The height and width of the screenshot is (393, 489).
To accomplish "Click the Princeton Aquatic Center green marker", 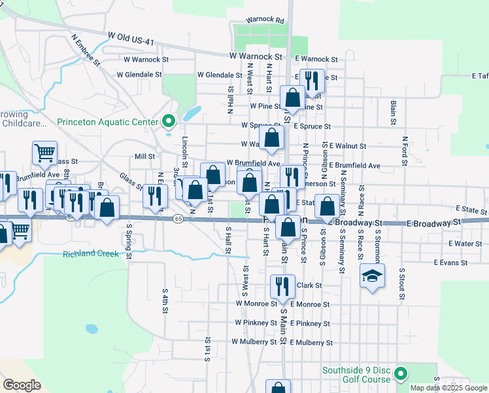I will tap(169, 121).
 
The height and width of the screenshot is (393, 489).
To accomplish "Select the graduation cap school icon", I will tap(372, 276).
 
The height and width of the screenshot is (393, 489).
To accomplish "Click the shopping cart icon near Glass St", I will tap(44, 153).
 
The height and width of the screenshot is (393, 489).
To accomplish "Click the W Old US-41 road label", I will tap(131, 38).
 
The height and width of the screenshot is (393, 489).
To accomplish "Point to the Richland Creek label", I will tap(91, 253).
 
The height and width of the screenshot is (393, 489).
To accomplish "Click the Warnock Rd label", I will tap(265, 21).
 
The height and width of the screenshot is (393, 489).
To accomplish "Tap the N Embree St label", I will tap(86, 51).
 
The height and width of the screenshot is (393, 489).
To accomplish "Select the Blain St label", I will tap(393, 112).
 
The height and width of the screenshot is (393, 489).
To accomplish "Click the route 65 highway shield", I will tap(178, 219).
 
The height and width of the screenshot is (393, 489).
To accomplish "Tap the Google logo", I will tap(22, 384).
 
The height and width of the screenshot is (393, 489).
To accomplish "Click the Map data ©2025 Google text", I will tap(449, 388).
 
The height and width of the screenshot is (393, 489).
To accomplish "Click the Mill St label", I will tap(144, 157).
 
